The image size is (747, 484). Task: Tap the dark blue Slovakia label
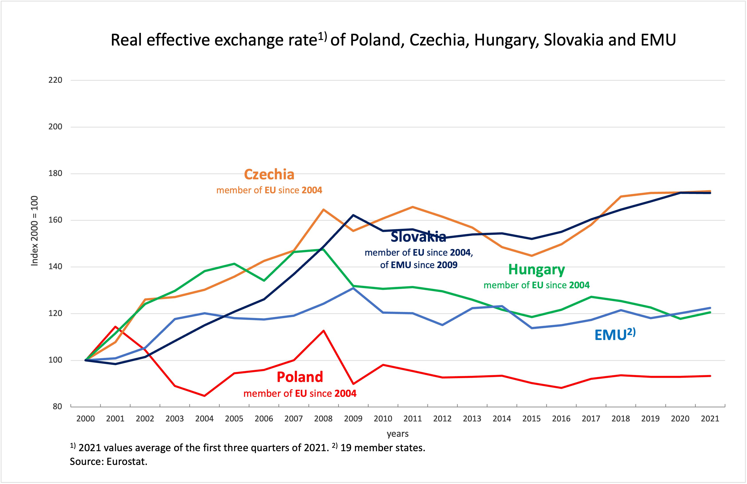pos(418,237)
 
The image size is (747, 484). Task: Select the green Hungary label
pos(536,269)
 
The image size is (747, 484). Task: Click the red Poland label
pos(300,377)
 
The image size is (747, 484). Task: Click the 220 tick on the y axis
pos(55,80)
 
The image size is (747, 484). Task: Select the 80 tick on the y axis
pos(57,406)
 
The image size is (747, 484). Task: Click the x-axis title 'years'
pos(397,434)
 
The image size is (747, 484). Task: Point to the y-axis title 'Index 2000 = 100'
pos(34,231)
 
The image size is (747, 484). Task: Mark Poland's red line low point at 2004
pos(205,396)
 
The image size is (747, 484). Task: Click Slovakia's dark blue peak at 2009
pos(353,215)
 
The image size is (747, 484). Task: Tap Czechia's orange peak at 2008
pos(323,209)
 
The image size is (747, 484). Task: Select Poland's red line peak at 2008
pos(323,331)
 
